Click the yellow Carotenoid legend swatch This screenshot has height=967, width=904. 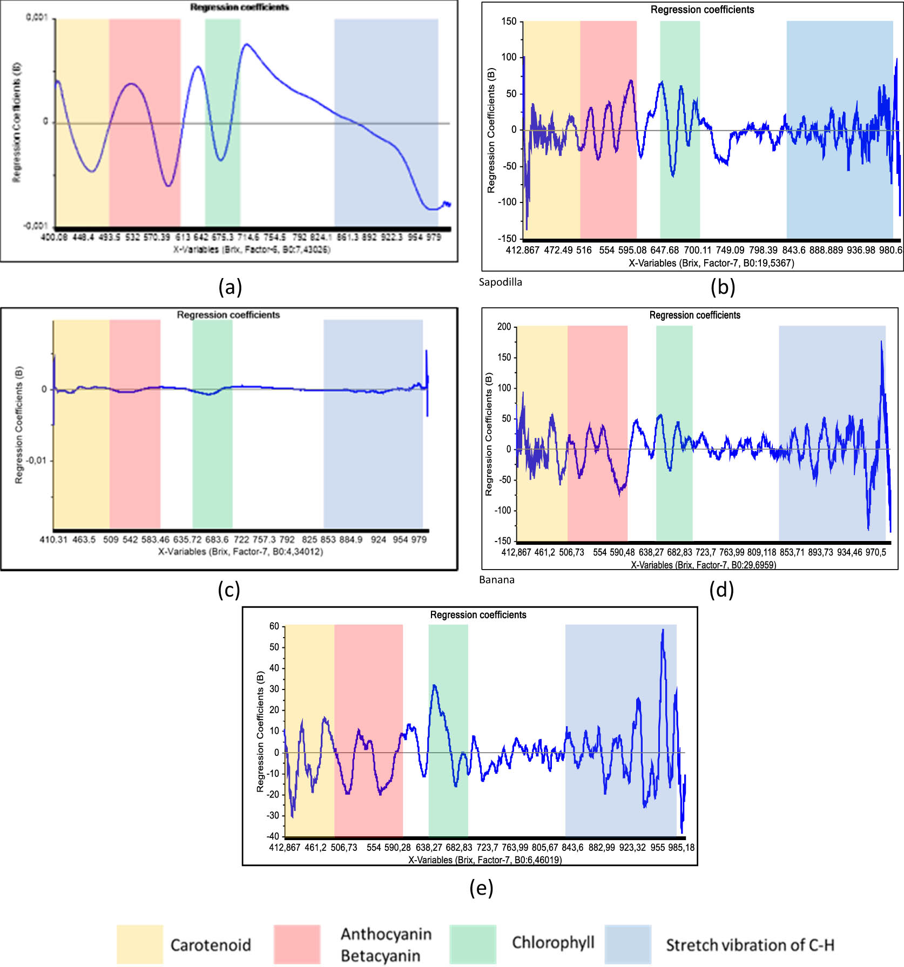[139, 944]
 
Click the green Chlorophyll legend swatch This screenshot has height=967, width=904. [473, 944]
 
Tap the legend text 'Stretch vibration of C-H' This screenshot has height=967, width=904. [750, 945]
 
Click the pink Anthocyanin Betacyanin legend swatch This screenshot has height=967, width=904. [296, 944]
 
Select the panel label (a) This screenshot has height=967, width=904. [230, 287]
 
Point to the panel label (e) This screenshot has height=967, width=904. [481, 887]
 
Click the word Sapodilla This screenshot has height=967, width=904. [500, 282]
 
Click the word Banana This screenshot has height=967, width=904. [496, 580]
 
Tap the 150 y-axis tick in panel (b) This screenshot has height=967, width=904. [509, 22]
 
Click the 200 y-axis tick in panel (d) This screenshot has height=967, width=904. [503, 327]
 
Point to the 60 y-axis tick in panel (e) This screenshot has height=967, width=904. [274, 626]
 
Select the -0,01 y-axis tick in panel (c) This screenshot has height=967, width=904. [37, 461]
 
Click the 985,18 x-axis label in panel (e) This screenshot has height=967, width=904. [681, 848]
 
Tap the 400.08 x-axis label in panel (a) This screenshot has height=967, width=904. [54, 237]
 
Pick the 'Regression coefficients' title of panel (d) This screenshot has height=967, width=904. [694, 315]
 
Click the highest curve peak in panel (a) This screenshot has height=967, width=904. [246, 44]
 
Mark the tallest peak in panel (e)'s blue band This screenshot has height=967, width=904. [663, 630]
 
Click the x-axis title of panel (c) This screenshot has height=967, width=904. [240, 552]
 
